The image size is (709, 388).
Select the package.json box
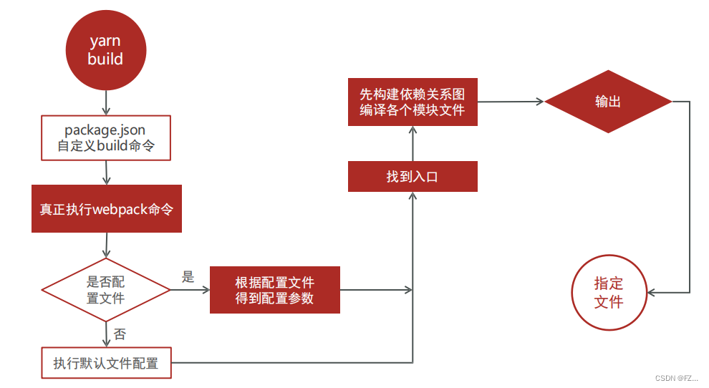point(106,138)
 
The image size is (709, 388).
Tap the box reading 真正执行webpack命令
point(106,209)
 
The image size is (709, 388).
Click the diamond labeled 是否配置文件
point(106,290)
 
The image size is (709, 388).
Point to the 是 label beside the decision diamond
point(188,278)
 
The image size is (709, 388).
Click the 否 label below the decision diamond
point(120,334)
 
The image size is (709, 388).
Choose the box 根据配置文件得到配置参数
point(274,290)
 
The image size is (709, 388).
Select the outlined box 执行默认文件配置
point(106,363)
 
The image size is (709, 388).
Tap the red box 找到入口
point(412,177)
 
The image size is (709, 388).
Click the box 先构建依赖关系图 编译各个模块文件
point(412,102)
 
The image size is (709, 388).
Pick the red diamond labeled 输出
point(608,102)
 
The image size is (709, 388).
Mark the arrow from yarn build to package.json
point(106,103)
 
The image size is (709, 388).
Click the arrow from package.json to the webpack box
point(106,173)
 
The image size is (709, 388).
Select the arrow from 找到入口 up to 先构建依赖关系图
point(413,143)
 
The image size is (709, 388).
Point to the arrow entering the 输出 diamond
point(511,102)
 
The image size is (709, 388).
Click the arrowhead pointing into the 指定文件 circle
point(652,292)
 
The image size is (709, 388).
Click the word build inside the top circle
point(105,59)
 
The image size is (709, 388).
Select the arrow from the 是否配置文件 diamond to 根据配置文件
point(190,290)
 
